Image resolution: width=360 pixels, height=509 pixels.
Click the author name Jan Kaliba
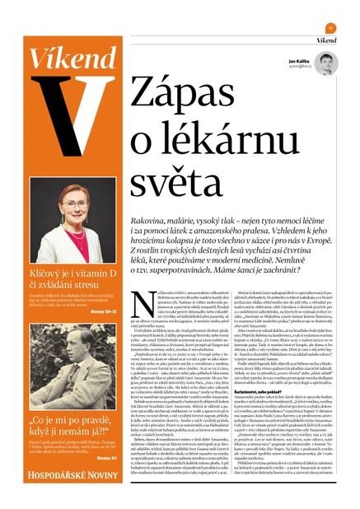[299, 62]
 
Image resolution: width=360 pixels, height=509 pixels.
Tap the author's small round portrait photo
[325, 64]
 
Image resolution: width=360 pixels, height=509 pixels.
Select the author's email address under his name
[298, 69]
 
